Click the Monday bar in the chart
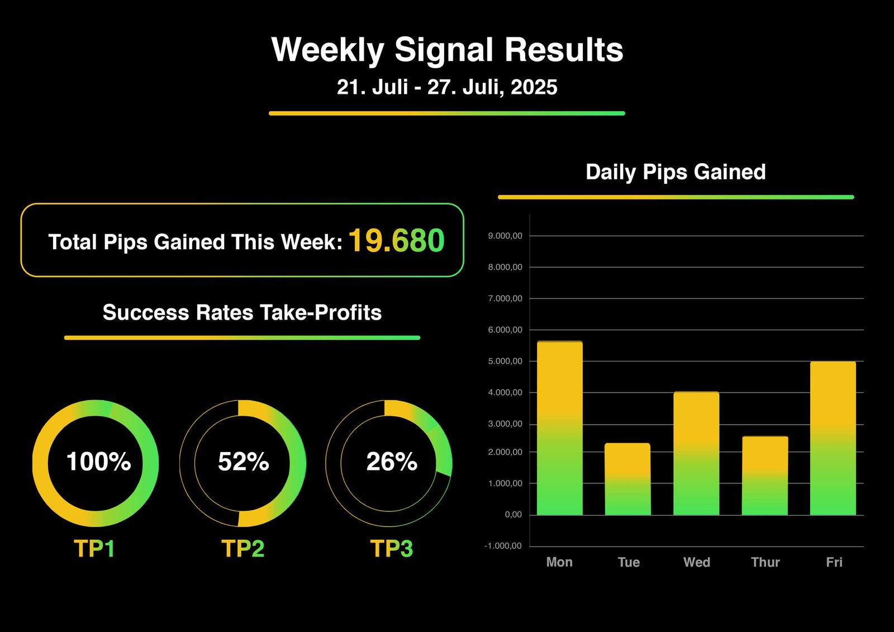coord(559,428)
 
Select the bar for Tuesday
coord(628,479)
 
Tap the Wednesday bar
coord(696,454)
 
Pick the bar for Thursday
coord(765,476)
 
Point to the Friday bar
coord(833,438)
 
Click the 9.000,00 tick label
coord(505,236)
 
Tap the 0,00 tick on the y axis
coord(513,515)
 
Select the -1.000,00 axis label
coord(503,546)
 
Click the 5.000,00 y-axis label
coord(505,362)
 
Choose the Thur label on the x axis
coord(765,562)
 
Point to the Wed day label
coord(697,562)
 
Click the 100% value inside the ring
coord(98,462)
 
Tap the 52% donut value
coord(244,462)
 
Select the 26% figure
coord(392,462)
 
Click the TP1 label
coord(94,549)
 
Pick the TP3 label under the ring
coord(392,549)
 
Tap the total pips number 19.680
coord(396,241)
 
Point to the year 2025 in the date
coord(534,87)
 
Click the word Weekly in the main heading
coord(327,51)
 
